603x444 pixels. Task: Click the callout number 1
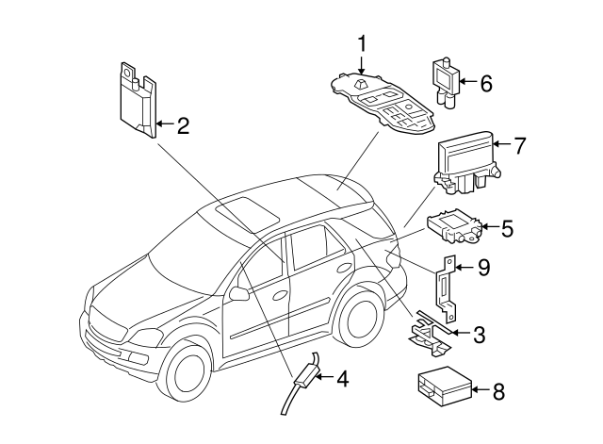coord(362,42)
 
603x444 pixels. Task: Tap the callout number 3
coord(479,333)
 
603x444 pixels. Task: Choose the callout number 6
coord(486,83)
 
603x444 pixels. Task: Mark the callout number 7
coord(518,145)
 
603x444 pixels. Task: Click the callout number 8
coord(499,389)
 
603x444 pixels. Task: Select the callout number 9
coord(483,269)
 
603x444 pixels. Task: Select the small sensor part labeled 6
coord(446,77)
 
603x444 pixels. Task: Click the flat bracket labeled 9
coord(448,289)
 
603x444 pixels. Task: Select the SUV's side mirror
coord(238,294)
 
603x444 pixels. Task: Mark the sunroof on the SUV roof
coord(248,211)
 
